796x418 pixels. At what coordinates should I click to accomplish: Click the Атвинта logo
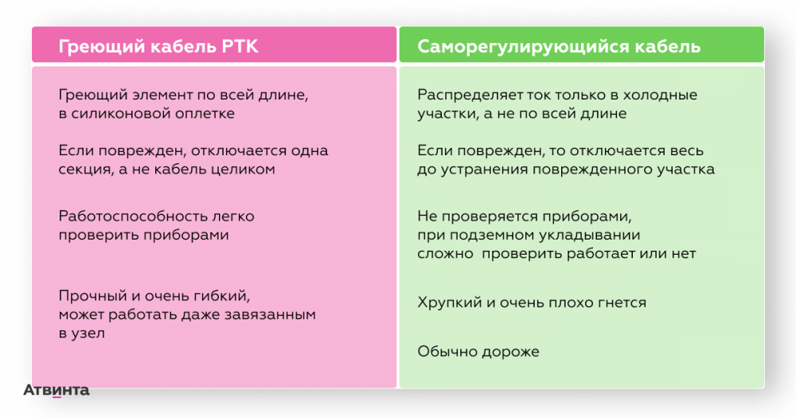(x=57, y=390)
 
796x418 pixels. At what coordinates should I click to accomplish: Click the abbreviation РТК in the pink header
(x=240, y=46)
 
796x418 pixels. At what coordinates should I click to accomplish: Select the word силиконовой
(x=121, y=113)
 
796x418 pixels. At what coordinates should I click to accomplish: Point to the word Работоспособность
(x=127, y=217)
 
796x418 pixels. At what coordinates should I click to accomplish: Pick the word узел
(x=88, y=333)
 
